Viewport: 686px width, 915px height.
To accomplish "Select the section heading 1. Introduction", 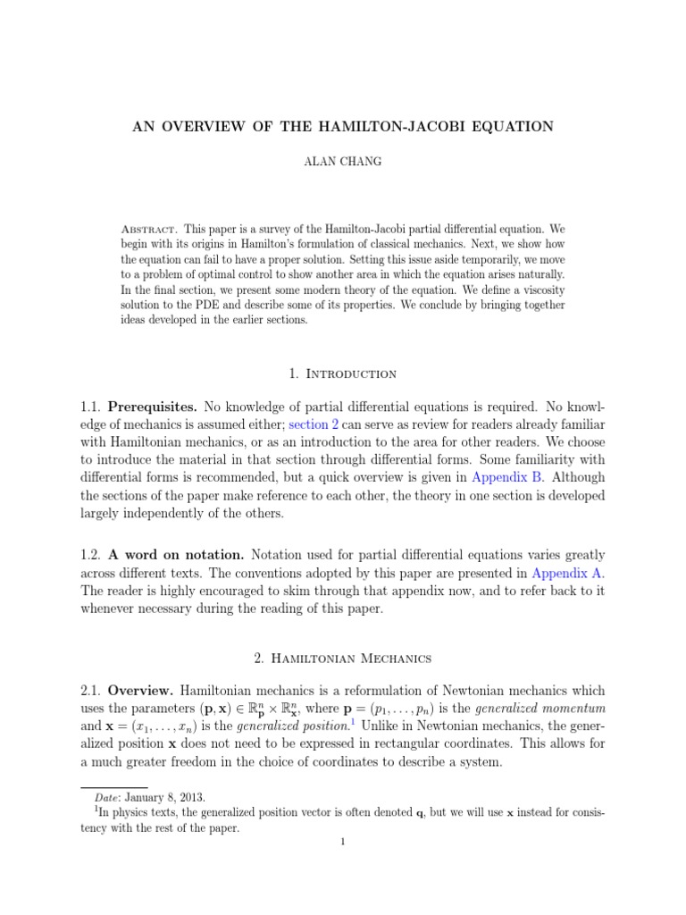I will tap(342, 373).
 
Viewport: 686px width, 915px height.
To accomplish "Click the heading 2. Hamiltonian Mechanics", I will tap(342, 658).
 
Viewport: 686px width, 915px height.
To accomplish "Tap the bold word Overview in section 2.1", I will tap(141, 691).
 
